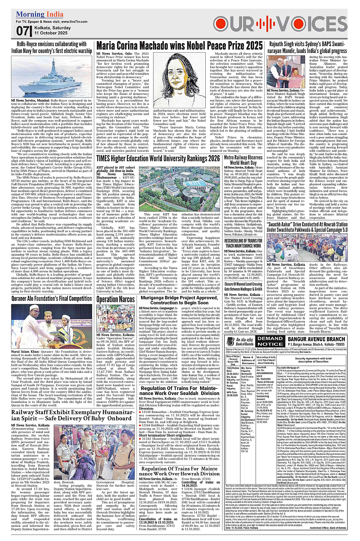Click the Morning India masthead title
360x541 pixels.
click(40, 14)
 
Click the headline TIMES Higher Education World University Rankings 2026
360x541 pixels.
click(158, 158)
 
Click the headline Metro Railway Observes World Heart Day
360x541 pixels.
click(243, 160)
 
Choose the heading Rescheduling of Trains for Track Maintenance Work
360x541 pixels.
click(243, 243)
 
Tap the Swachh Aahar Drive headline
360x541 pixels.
click(307, 227)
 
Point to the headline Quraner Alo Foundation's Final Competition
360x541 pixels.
click(51, 299)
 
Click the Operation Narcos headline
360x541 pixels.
click(115, 300)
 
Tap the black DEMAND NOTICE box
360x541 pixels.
click(270, 341)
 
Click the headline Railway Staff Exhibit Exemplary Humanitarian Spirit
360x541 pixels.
click(72, 415)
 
